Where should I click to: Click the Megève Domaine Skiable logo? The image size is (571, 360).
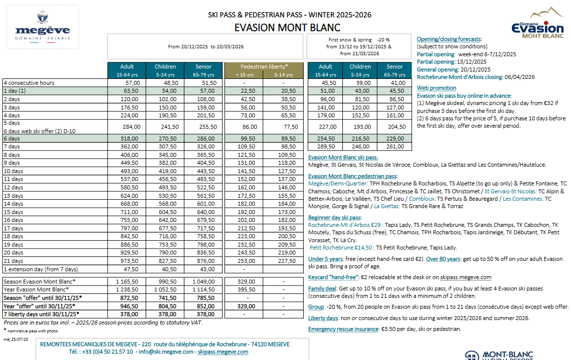coord(42,27)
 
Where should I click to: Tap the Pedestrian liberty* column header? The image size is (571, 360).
coord(264,67)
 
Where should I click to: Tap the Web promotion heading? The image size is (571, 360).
coord(436,88)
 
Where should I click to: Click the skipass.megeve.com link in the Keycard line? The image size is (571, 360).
coord(466,277)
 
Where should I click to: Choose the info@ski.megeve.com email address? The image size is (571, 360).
coord(166,352)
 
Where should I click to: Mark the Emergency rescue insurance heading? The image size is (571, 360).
coord(342,329)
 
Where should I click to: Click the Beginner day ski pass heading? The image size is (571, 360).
coord(335,217)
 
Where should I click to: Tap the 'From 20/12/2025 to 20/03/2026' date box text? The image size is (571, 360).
coord(206,47)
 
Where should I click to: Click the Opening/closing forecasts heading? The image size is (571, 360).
coord(449,39)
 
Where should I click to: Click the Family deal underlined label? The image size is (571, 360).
coord(322,288)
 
